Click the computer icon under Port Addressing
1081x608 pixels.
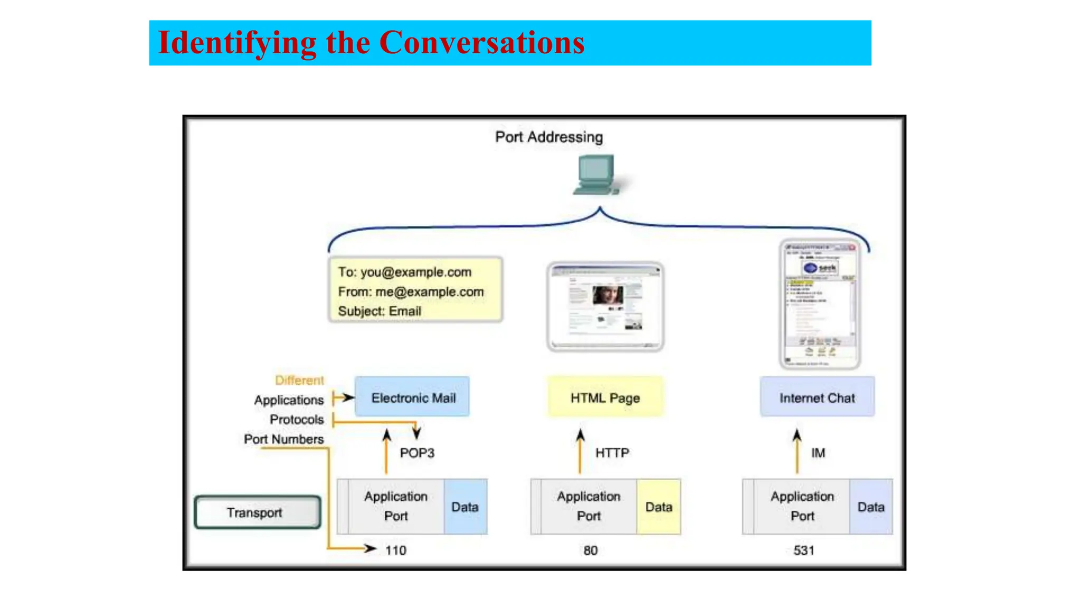click(x=598, y=175)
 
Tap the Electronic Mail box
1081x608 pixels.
click(x=412, y=397)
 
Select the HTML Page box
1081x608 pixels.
click(x=605, y=397)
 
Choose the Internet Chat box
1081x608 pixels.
click(x=817, y=397)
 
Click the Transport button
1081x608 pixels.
click(x=257, y=512)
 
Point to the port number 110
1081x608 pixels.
click(x=395, y=550)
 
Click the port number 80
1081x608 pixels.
click(x=590, y=550)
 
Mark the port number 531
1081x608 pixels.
click(x=803, y=550)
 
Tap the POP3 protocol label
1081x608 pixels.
click(x=416, y=453)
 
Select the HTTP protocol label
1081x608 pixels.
click(x=612, y=453)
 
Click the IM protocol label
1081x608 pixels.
click(x=818, y=453)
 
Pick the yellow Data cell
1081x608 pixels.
click(x=658, y=507)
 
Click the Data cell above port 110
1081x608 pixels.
click(x=465, y=507)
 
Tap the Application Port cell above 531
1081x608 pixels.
click(x=801, y=507)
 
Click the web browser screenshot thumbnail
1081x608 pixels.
click(x=605, y=307)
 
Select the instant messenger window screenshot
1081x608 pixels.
click(x=820, y=305)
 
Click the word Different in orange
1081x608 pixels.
click(x=299, y=380)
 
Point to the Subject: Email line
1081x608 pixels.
click(x=380, y=311)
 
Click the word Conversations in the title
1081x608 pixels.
click(x=481, y=42)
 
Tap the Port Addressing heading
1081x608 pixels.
click(x=548, y=137)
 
